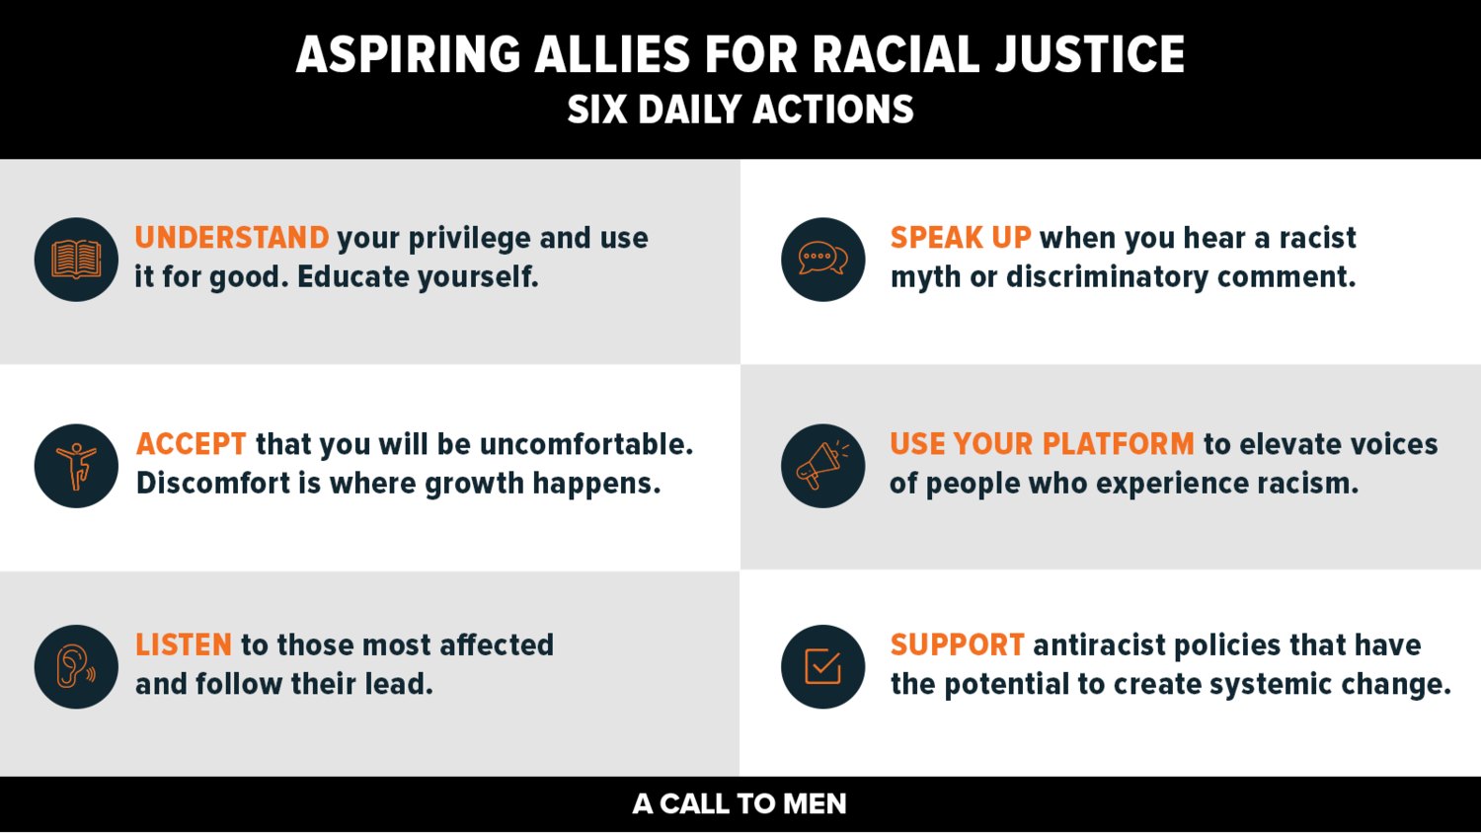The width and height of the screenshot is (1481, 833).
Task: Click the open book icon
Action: pos(76,260)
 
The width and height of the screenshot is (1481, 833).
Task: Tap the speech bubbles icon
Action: pos(822,260)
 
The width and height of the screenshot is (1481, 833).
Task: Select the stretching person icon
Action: pos(76,466)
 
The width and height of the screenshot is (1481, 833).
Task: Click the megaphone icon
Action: pos(822,466)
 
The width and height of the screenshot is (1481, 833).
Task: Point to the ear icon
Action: pos(76,666)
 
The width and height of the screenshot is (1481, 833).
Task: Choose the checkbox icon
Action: pos(822,666)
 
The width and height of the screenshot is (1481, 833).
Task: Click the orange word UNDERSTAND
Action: pos(232,238)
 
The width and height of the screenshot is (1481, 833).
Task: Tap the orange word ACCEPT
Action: pos(192,444)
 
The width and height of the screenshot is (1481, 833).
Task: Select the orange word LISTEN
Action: pos(184,645)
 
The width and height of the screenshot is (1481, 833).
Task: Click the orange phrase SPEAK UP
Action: pos(961,238)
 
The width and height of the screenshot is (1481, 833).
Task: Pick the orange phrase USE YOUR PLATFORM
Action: pos(1042,444)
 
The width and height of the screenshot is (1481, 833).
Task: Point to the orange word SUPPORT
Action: pos(958,645)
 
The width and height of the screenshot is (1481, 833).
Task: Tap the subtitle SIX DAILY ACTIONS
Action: pos(740,111)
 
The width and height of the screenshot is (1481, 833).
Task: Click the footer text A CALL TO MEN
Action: pos(740,804)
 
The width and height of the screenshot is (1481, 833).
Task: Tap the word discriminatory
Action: pos(1107,277)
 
